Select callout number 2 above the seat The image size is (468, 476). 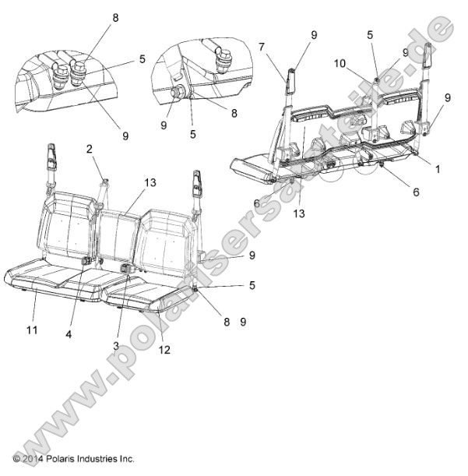(x=89, y=148)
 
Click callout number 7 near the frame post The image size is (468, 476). (x=262, y=47)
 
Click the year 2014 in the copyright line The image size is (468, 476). (x=33, y=459)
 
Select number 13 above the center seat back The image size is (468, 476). (x=151, y=182)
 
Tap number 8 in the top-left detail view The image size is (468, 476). (x=115, y=17)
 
